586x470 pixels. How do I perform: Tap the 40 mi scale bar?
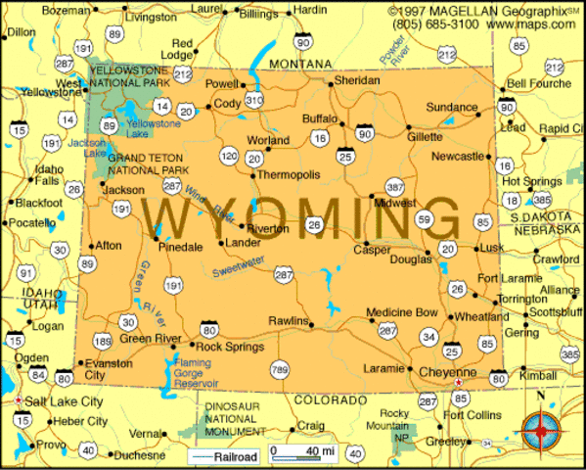coord(308,452)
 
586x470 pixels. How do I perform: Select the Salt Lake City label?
coord(63,402)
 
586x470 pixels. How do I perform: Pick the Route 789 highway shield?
coord(281,369)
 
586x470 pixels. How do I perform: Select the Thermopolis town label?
coord(288,175)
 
